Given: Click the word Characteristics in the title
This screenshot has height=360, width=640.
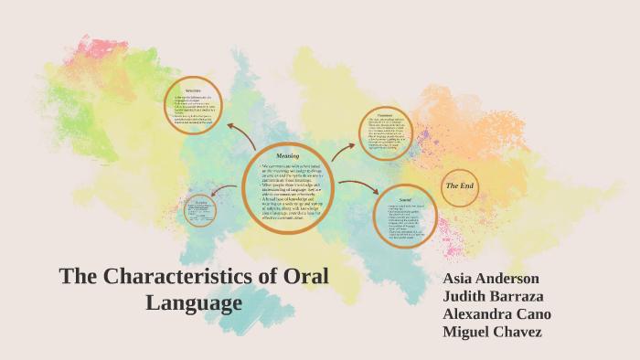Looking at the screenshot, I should (x=178, y=277).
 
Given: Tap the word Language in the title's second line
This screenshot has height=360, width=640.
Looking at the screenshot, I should (x=194, y=302).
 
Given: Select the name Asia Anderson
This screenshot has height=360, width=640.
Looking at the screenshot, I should (x=491, y=279).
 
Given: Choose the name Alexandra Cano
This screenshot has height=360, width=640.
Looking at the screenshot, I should (x=496, y=313).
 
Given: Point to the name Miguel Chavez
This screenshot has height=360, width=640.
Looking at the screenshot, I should (x=492, y=331).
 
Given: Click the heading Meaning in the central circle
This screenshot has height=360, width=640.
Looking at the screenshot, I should (x=287, y=156).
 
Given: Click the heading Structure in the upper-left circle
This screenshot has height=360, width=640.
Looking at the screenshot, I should (x=193, y=90).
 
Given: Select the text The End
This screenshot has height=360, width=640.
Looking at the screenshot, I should (x=459, y=186).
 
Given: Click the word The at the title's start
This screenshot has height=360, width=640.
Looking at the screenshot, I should (x=78, y=277).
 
